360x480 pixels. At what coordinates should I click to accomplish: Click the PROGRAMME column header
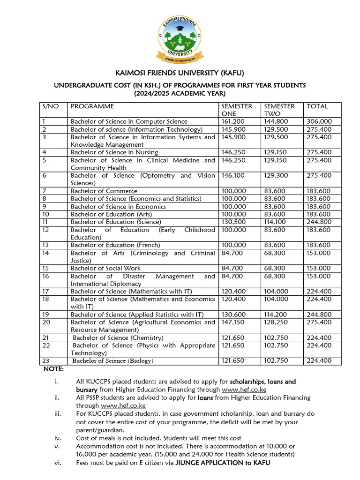pyautogui.click(x=92, y=106)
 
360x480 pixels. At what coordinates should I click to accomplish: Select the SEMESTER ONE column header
pyautogui.click(x=237, y=110)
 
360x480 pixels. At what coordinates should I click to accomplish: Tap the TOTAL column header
pyautogui.click(x=317, y=106)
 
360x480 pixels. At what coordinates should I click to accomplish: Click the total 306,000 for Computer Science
pyautogui.click(x=319, y=121)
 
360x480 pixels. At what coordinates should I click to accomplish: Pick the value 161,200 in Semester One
pyautogui.click(x=232, y=121)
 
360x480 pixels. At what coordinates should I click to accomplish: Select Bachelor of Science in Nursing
pyautogui.click(x=114, y=152)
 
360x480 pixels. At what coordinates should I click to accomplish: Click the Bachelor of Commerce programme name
pyautogui.click(x=104, y=191)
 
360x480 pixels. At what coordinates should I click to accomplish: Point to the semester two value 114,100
pyautogui.click(x=276, y=222)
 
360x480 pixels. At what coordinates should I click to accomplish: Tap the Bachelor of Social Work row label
pyautogui.click(x=105, y=268)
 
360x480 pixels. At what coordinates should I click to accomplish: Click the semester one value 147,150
pyautogui.click(x=232, y=322)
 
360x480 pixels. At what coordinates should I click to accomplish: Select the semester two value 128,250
pyautogui.click(x=276, y=322)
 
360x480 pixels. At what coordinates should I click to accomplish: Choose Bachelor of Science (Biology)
pyautogui.click(x=112, y=361)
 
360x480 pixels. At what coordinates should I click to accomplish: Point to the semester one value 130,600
pyautogui.click(x=232, y=315)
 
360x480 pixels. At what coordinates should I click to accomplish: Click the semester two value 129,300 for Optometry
pyautogui.click(x=276, y=175)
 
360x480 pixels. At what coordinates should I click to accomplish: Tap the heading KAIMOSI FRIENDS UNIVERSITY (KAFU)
pyautogui.click(x=180, y=73)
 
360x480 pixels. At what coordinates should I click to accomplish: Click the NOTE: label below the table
pyautogui.click(x=54, y=369)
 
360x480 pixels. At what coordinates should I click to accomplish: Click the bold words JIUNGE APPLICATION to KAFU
pyautogui.click(x=223, y=463)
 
